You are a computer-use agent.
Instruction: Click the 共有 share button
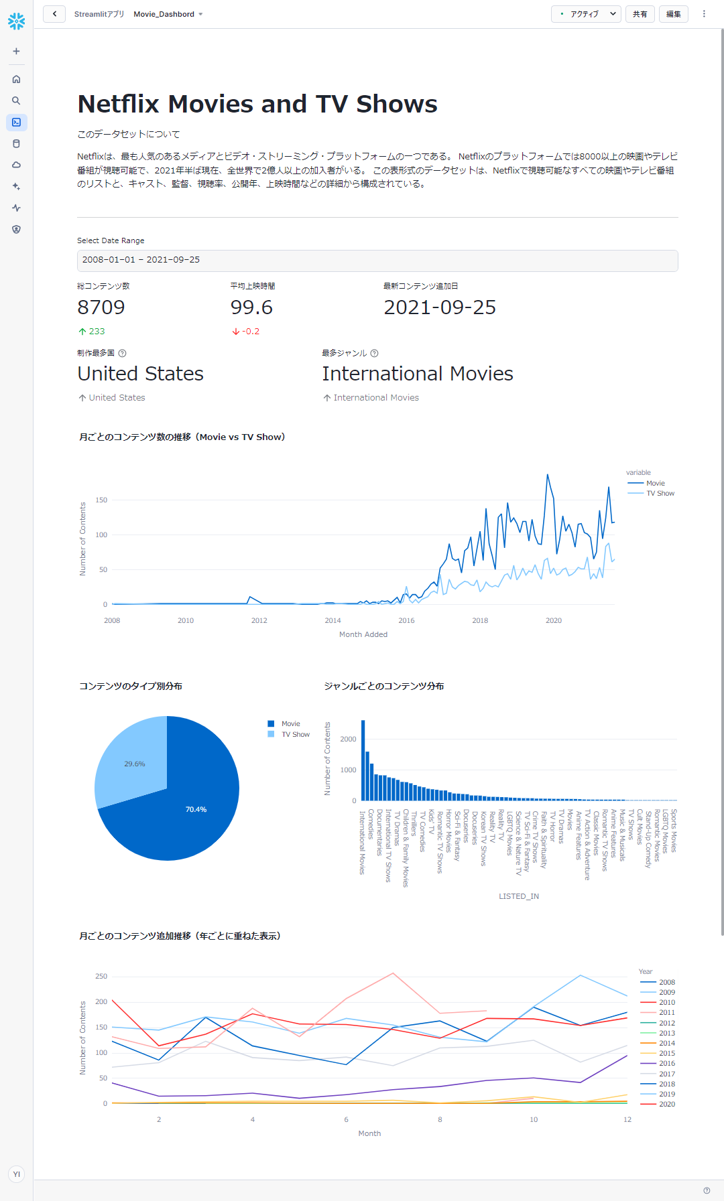pos(640,14)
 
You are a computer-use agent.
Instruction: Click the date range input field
pos(377,260)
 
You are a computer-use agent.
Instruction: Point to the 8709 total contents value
pos(101,307)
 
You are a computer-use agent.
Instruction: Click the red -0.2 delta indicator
pos(246,332)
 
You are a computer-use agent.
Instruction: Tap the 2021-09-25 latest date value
pos(440,307)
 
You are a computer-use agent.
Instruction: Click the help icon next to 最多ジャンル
pos(375,353)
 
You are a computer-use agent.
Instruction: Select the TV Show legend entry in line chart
pos(660,494)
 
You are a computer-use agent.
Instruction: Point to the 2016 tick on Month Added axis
pos(406,621)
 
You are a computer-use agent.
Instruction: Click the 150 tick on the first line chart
pos(101,500)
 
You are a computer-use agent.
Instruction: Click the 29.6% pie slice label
pos(135,764)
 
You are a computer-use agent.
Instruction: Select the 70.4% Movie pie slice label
pos(196,810)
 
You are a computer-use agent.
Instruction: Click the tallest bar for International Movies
pos(363,760)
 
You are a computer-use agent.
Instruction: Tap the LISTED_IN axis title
pos(518,896)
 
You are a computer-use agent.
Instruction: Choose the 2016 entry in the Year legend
pos(666,1064)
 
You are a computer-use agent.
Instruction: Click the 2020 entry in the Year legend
pos(666,1105)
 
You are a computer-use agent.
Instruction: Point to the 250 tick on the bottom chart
pos(101,977)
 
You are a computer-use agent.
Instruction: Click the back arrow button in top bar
pos(54,14)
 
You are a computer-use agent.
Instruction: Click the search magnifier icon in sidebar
pos(16,101)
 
